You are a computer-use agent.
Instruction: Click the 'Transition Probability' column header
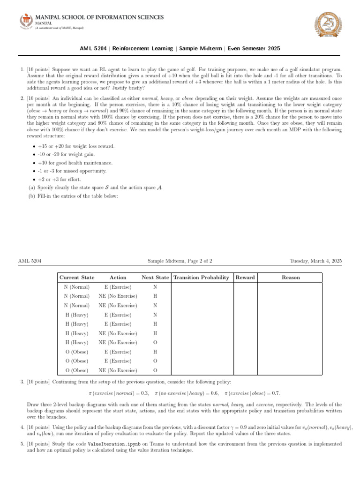point(201,277)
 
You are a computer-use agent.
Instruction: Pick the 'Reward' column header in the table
point(245,277)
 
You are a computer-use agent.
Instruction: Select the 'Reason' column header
point(291,277)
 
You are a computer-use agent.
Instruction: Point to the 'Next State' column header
point(155,277)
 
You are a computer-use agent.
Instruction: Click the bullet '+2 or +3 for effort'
point(61,180)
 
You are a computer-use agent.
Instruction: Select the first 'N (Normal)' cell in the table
point(76,287)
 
